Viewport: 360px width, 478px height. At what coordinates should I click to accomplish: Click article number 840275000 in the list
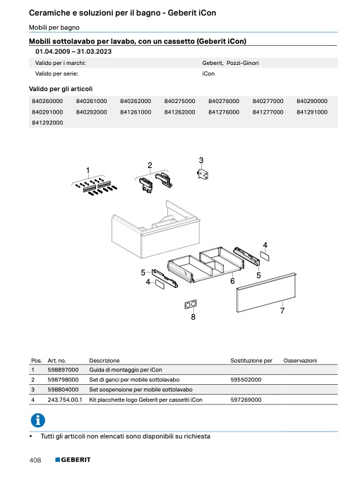pos(179,101)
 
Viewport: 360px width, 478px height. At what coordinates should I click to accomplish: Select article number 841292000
pos(47,123)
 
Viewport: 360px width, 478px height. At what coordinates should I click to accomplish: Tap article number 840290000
pos(312,101)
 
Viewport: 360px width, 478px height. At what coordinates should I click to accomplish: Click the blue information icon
pos(38,420)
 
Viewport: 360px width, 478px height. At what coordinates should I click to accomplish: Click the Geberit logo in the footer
pos(73,460)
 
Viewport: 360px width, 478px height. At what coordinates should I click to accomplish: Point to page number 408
pos(35,460)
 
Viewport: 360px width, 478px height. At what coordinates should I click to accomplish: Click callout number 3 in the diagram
pos(201,160)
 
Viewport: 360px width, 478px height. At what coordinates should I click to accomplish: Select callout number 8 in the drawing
pos(193,317)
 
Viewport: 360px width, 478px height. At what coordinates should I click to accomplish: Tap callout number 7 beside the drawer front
pos(282,311)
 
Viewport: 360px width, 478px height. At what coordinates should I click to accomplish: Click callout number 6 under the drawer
pos(232,281)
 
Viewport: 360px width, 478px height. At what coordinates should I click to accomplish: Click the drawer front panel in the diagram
pos(266,292)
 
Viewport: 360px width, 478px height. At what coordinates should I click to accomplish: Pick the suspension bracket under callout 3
pos(203,174)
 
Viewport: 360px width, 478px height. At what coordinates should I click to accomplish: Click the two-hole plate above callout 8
pos(191,304)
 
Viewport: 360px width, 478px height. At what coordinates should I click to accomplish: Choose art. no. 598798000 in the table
pos(63,380)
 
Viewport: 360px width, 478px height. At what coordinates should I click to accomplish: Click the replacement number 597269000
pos(246,400)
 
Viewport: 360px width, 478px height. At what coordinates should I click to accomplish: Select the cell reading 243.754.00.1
pos(65,400)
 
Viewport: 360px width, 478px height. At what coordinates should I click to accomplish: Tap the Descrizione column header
pos(104,361)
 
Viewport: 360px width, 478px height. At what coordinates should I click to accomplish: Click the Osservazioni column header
pos(300,361)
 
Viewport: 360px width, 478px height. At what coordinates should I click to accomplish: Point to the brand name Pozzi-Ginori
pos(243,63)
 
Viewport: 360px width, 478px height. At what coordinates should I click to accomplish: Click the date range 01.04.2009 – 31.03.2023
pos(73,52)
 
